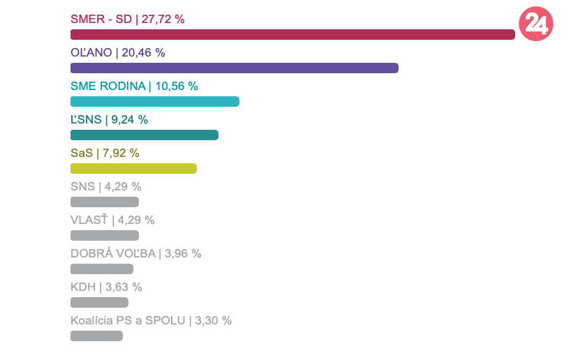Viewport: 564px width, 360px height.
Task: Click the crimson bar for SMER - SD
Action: click(x=292, y=35)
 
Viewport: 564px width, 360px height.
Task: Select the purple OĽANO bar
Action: click(x=234, y=68)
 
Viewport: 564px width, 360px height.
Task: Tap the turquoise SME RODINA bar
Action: click(x=154, y=102)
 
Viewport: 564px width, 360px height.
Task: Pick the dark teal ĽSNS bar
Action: click(x=144, y=135)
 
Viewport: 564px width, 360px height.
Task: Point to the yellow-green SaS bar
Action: click(x=133, y=169)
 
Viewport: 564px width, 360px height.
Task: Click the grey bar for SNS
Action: click(x=104, y=202)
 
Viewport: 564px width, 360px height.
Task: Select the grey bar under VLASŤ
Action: click(x=104, y=236)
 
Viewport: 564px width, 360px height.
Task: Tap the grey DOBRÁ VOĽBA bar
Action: click(x=101, y=269)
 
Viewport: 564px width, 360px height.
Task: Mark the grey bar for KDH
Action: click(x=99, y=303)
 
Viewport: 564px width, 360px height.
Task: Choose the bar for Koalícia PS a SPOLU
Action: click(x=96, y=336)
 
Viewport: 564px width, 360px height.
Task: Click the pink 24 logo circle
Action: click(x=536, y=24)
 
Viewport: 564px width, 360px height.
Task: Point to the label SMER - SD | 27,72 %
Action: click(x=128, y=20)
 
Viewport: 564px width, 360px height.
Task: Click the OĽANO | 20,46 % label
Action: click(x=117, y=53)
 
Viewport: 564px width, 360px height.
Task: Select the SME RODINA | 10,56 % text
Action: click(x=134, y=87)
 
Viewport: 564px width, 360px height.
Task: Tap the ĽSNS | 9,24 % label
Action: click(x=109, y=120)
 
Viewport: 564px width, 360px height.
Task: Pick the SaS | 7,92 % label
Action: click(x=105, y=153)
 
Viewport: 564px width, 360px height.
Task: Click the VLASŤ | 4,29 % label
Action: click(x=112, y=220)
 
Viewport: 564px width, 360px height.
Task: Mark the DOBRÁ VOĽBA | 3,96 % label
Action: click(x=135, y=254)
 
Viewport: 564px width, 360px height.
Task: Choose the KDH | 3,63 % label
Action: click(x=106, y=287)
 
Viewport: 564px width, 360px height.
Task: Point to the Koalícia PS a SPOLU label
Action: click(x=151, y=321)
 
